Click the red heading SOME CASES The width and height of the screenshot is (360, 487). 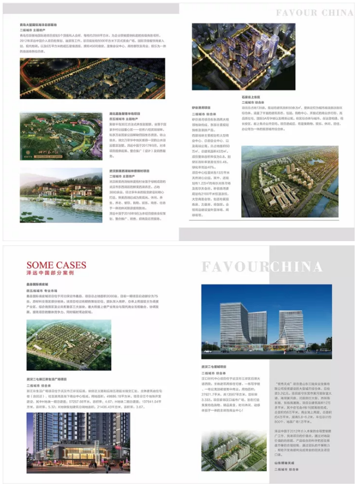coord(56,265)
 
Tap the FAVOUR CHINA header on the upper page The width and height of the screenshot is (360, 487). coord(314,12)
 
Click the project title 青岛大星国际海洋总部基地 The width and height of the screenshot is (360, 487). coord(40,24)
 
